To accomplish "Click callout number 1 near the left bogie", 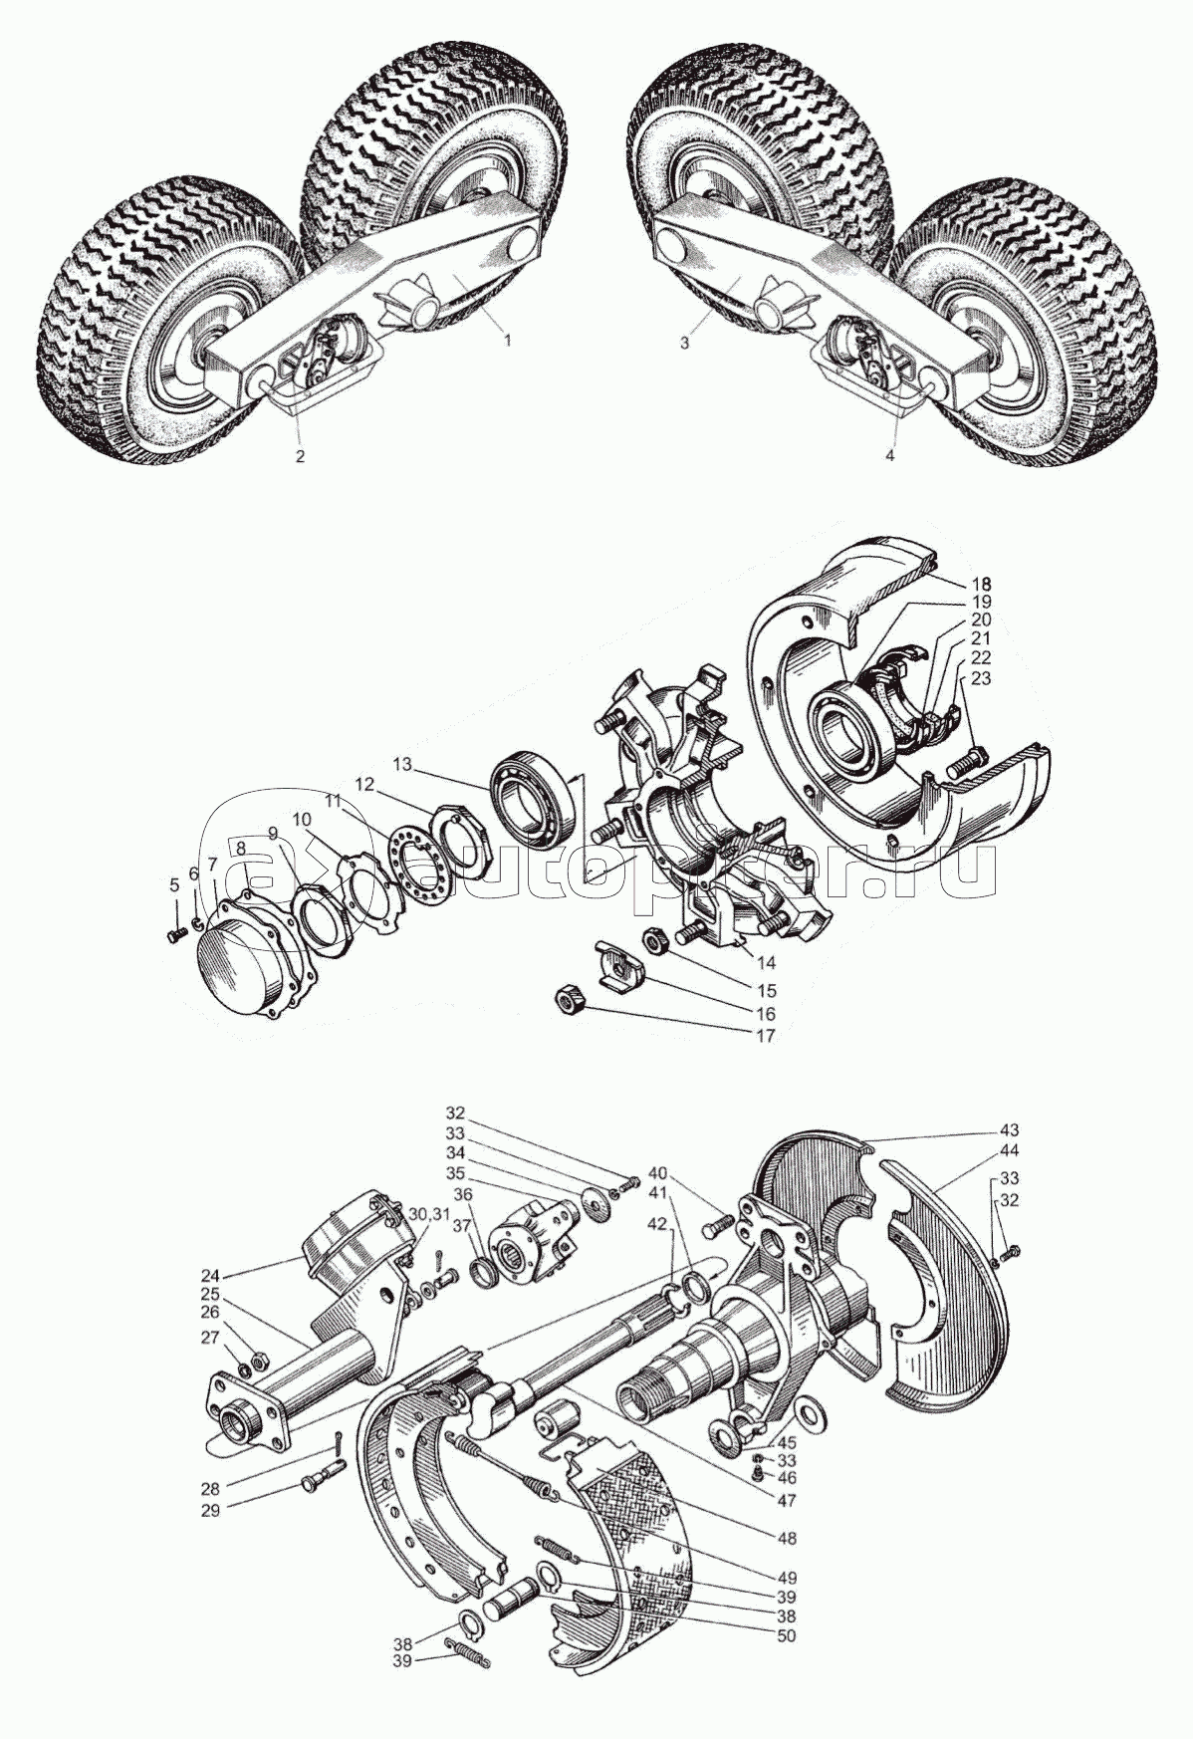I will pyautogui.click(x=507, y=340).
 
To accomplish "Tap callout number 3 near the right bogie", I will pyautogui.click(x=684, y=342).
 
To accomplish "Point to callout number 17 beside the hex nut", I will pyautogui.click(x=765, y=1036).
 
